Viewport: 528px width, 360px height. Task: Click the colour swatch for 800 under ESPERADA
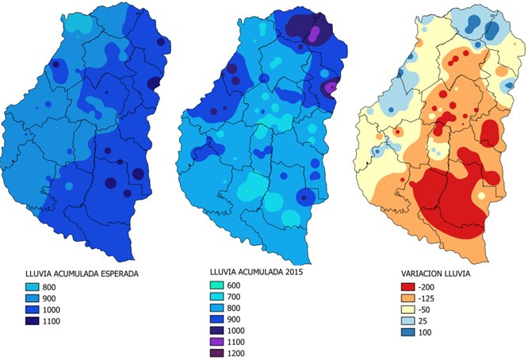(33, 285)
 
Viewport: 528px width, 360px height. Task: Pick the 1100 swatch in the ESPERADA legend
(33, 321)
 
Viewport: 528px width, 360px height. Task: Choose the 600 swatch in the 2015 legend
(219, 284)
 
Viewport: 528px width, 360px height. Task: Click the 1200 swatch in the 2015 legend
(219, 353)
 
